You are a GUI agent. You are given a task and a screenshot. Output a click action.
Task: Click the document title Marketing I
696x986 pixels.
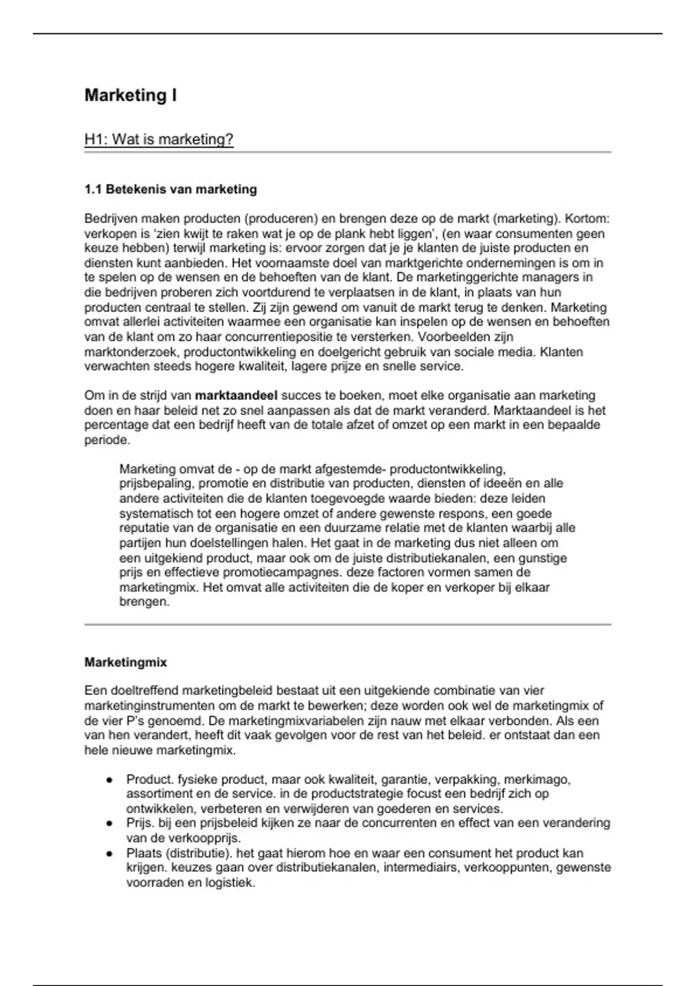130,95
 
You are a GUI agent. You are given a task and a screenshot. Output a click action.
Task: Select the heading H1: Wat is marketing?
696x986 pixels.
159,140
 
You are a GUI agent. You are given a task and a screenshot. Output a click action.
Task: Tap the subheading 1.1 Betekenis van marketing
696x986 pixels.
171,189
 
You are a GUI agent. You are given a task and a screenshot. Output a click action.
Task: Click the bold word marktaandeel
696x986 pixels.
236,396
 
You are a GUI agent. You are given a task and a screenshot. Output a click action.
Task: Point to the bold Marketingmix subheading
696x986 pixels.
125,662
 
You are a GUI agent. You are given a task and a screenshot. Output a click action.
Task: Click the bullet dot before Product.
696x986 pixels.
108,780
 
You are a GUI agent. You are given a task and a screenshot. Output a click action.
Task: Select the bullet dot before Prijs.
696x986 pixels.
108,824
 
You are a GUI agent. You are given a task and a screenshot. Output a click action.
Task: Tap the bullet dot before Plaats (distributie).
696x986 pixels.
108,854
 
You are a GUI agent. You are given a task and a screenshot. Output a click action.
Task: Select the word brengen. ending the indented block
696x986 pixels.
144,602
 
